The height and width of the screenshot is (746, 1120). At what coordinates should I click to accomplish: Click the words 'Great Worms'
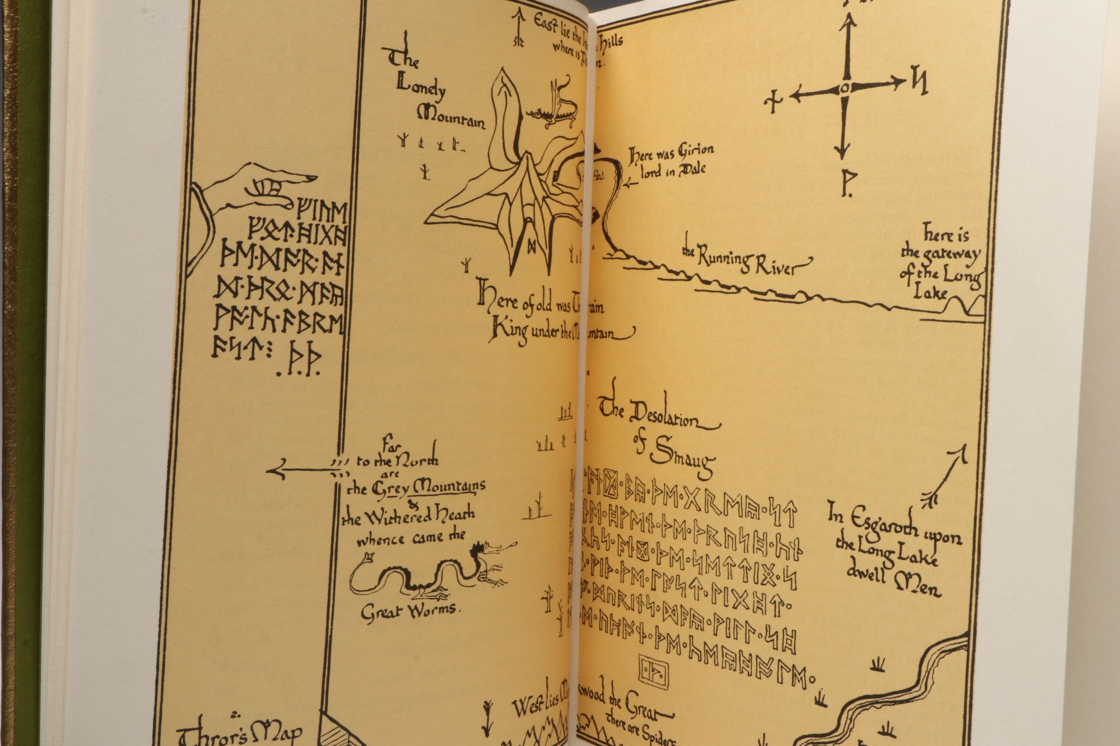[x=408, y=612]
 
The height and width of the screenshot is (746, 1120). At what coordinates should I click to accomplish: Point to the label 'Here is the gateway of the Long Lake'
[x=940, y=267]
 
